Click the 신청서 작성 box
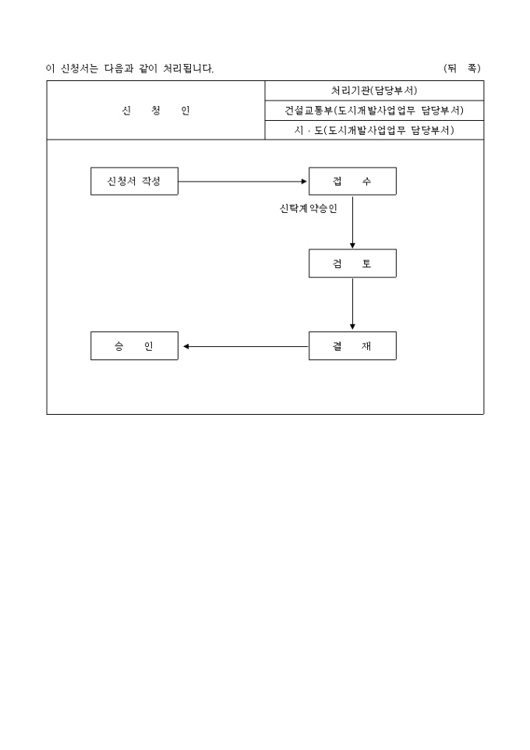click(134, 182)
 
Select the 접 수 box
click(352, 182)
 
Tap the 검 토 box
click(352, 264)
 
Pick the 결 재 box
click(352, 346)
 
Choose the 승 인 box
click(134, 346)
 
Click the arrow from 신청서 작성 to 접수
click(243, 182)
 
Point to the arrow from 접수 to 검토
click(352, 221)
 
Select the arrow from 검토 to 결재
click(352, 304)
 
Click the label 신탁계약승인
click(308, 208)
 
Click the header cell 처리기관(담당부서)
click(374, 90)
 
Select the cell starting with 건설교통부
click(374, 110)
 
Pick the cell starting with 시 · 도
click(374, 130)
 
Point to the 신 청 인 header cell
click(156, 110)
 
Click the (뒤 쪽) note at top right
click(461, 69)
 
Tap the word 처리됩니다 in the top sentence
click(189, 69)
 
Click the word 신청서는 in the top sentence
click(79, 69)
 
